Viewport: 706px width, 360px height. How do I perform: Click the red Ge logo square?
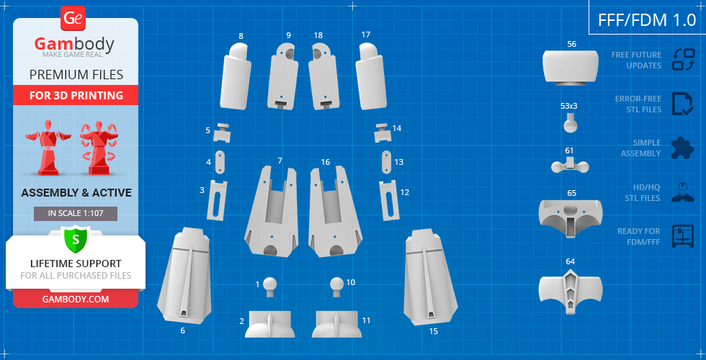point(72,19)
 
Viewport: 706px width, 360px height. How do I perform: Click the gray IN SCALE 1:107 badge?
point(76,214)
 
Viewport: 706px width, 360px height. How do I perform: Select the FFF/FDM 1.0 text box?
point(647,20)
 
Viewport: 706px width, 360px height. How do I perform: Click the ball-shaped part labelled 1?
point(269,287)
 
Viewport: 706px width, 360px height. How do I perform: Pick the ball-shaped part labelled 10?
point(337,287)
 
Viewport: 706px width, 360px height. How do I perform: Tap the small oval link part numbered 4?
point(220,162)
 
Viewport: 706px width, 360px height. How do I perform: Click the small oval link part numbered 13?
point(387,161)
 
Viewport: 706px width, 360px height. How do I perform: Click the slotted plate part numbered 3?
point(217,200)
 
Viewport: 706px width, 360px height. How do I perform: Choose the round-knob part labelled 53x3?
point(571,122)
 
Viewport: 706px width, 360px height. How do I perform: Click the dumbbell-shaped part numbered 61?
point(571,166)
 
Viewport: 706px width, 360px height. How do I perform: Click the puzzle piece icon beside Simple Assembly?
point(683,148)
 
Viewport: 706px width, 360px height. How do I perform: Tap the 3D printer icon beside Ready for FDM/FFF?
point(683,236)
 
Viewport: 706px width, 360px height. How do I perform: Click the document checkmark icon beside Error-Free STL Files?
point(683,104)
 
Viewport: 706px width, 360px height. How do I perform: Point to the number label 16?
point(326,161)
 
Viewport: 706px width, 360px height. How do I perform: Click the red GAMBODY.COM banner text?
point(76,299)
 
